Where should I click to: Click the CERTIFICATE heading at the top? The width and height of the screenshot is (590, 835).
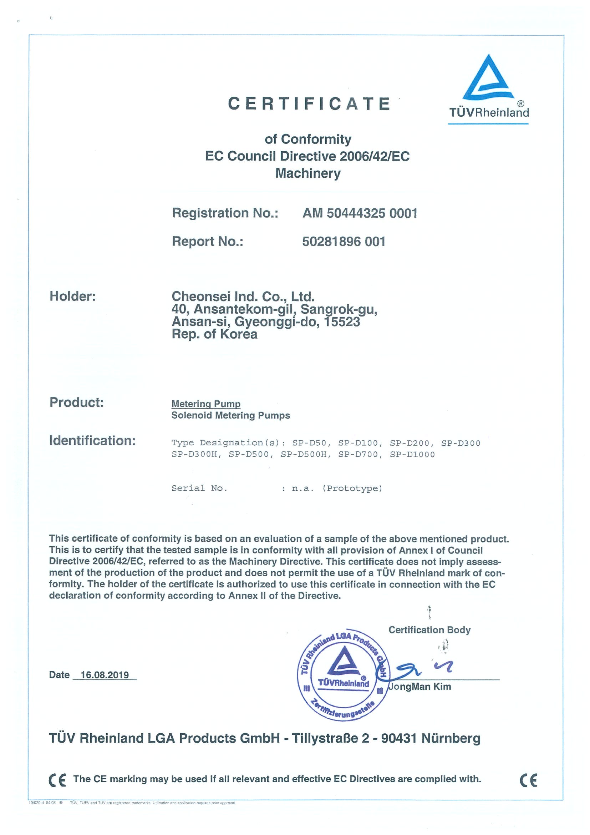pyautogui.click(x=309, y=103)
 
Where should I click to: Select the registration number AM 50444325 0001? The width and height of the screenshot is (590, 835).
pyautogui.click(x=360, y=213)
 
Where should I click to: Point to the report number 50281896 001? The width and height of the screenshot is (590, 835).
pyautogui.click(x=344, y=242)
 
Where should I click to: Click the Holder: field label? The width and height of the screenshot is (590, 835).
pyautogui.click(x=73, y=297)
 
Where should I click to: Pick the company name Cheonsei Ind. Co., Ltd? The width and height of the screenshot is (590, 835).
pyautogui.click(x=243, y=297)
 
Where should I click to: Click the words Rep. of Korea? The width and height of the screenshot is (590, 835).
pyautogui.click(x=214, y=334)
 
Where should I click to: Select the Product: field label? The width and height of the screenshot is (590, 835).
pyautogui.click(x=77, y=402)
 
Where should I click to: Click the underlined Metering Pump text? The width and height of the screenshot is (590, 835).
pyautogui.click(x=206, y=404)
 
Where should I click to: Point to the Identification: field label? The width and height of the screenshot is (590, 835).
pyautogui.click(x=92, y=441)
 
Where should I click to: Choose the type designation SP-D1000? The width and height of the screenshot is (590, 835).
pyautogui.click(x=412, y=455)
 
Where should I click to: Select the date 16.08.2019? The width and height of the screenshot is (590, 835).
pyautogui.click(x=105, y=675)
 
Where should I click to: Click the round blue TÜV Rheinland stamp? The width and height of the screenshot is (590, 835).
pyautogui.click(x=343, y=675)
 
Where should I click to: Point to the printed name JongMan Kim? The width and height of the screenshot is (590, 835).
pyautogui.click(x=420, y=687)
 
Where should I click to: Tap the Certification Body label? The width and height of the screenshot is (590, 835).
pyautogui.click(x=429, y=630)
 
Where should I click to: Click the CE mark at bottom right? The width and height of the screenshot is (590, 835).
pyautogui.click(x=528, y=780)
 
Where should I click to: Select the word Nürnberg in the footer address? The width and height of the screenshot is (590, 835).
pyautogui.click(x=451, y=739)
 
